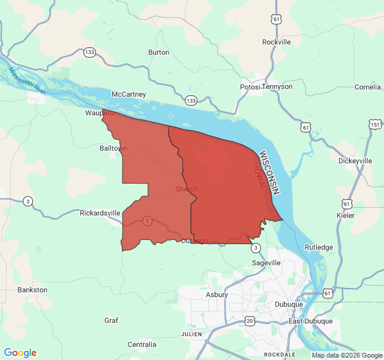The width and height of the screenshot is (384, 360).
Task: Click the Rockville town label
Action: coord(277,42)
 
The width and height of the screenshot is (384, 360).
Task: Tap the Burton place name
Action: coord(158,52)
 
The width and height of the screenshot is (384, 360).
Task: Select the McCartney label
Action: coord(128,94)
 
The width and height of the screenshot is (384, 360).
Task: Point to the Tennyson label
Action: coord(279,86)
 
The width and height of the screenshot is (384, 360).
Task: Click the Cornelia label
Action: coord(368,86)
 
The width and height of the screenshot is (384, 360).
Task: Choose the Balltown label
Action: coord(113,148)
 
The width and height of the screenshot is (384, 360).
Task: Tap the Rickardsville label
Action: coord(100,213)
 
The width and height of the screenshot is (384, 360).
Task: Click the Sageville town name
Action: coord(266,263)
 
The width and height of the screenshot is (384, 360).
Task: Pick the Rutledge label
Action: coord(319,247)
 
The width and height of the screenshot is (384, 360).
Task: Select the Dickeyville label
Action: coord(355,161)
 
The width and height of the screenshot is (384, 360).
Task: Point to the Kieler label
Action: coord(346,215)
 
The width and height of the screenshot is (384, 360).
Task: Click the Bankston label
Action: coord(32,290)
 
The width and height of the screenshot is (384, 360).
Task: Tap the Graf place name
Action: coord(111,320)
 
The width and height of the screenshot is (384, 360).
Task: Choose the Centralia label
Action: coord(142,344)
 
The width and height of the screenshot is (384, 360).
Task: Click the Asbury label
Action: coord(217,295)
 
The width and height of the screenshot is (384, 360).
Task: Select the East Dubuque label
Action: coord(310,321)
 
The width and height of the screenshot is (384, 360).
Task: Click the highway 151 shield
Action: coord(374,124)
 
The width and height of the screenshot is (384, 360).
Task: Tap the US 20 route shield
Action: coord(249,320)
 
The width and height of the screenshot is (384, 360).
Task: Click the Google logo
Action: coord(20,353)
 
